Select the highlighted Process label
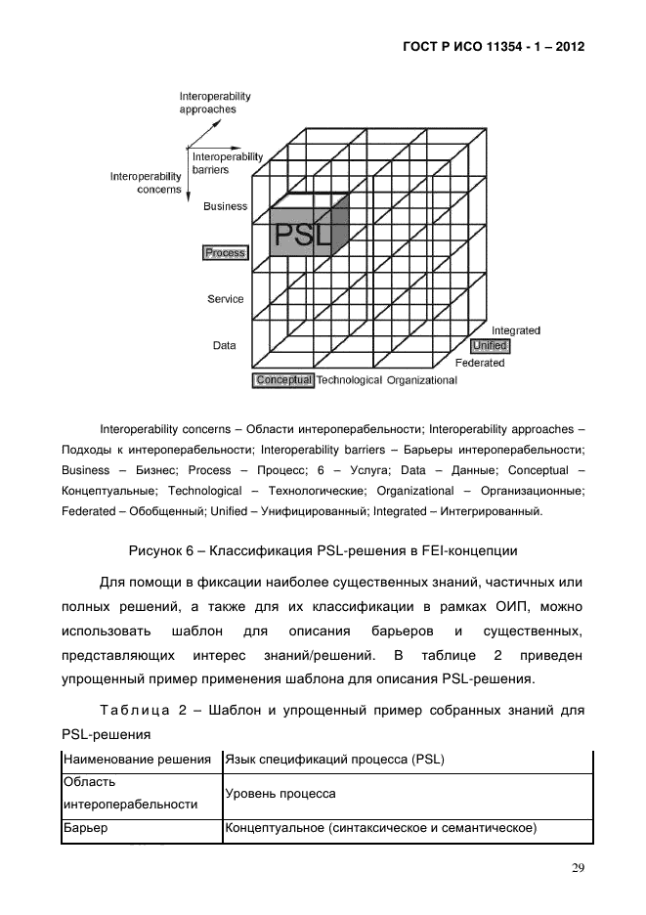(x=225, y=253)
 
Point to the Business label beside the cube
(x=225, y=206)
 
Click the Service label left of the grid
(x=226, y=299)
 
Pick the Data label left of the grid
(x=225, y=345)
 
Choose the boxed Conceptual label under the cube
(x=283, y=380)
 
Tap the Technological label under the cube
(x=349, y=380)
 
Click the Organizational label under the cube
(x=421, y=380)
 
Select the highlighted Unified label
(x=490, y=346)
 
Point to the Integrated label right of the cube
(x=515, y=331)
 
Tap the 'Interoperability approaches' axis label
(x=215, y=103)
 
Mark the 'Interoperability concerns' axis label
(x=146, y=183)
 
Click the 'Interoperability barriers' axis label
(x=227, y=162)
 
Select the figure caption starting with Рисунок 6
(x=323, y=548)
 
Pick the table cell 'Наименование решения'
(x=137, y=760)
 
